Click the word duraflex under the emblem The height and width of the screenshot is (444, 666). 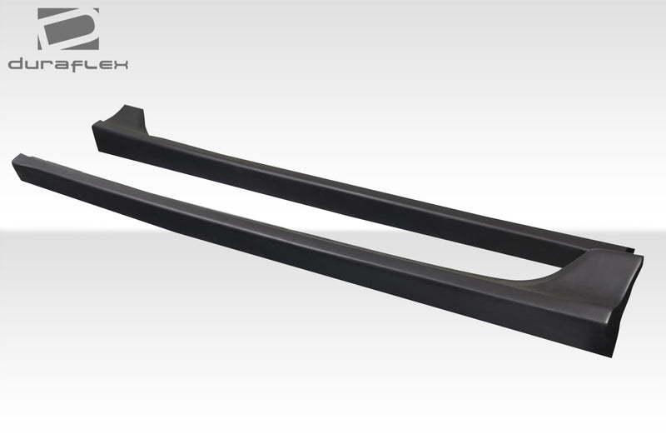68,63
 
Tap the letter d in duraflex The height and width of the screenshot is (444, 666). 17,63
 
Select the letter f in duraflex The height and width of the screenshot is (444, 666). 77,63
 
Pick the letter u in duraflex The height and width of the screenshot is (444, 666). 32,64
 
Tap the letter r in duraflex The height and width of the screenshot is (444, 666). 46,64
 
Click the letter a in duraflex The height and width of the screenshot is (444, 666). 61,64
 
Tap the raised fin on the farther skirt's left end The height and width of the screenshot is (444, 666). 131,117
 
